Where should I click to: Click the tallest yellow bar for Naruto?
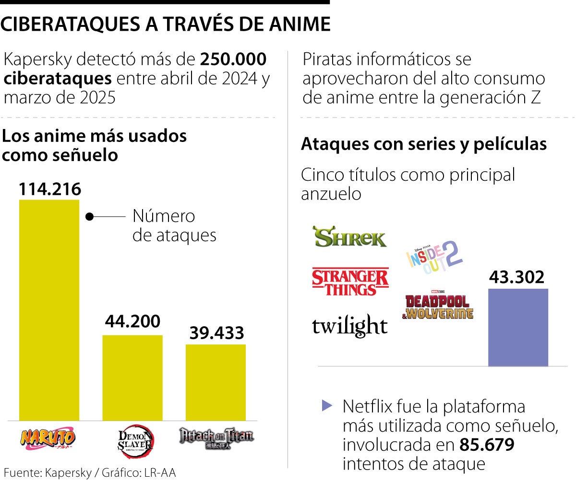point(49,309)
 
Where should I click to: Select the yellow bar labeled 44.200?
point(132,377)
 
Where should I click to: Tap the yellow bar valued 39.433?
point(216,382)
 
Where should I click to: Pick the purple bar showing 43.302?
point(518,327)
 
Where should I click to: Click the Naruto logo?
point(48,437)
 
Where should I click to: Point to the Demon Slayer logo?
point(136,440)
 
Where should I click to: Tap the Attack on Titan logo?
point(216,437)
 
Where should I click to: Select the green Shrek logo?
point(349,237)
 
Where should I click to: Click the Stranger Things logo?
point(350,282)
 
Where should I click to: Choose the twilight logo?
point(349,326)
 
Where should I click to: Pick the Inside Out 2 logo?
point(435,257)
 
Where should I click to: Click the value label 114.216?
point(50,189)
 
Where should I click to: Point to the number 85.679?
point(487,445)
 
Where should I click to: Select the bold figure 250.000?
point(233,60)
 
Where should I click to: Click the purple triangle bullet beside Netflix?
point(327,406)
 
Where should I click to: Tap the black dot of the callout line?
point(89,216)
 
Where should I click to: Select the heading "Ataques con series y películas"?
point(424,144)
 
